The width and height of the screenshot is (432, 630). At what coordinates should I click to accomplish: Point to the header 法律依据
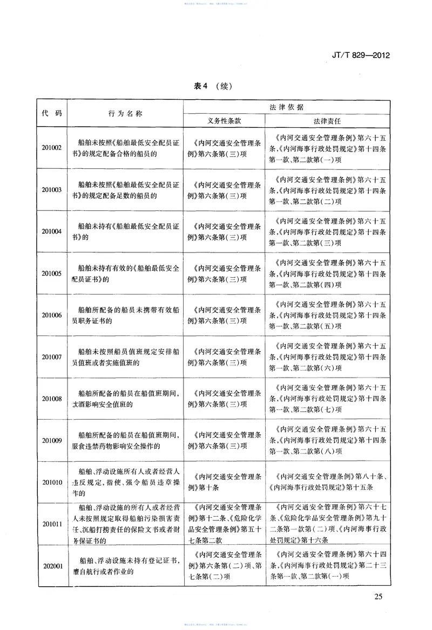pyautogui.click(x=286, y=106)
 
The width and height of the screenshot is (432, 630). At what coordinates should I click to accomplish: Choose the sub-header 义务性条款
pyautogui.click(x=224, y=120)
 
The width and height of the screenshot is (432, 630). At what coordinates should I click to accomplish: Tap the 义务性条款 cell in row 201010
pyautogui.click(x=224, y=482)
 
